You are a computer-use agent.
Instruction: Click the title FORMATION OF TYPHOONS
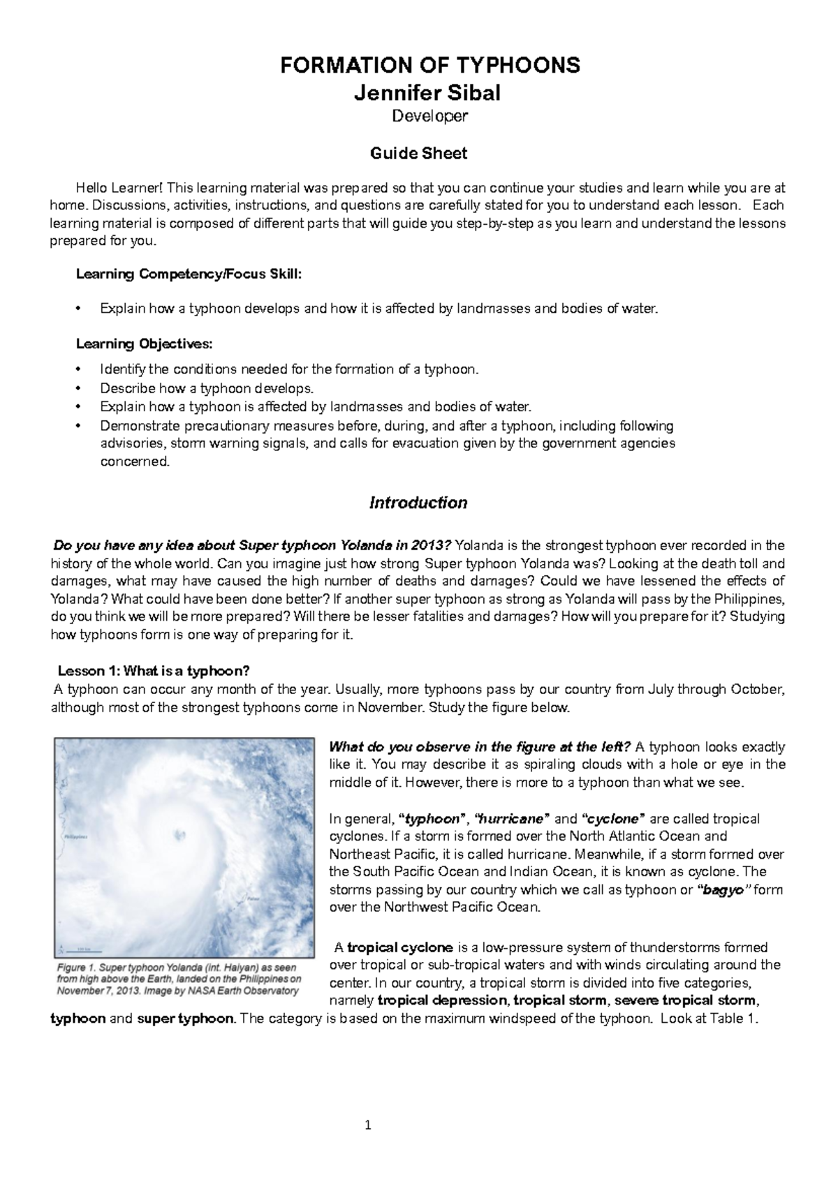pyautogui.click(x=429, y=66)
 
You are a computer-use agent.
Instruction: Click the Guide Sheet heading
pyautogui.click(x=418, y=153)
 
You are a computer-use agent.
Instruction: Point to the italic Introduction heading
pyautogui.click(x=418, y=503)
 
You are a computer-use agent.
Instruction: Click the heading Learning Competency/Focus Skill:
pyautogui.click(x=189, y=274)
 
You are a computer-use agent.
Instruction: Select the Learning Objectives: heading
pyautogui.click(x=144, y=343)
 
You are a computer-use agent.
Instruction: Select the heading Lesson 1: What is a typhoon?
pyautogui.click(x=153, y=671)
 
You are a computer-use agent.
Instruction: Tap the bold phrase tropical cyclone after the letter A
pyautogui.click(x=399, y=947)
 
